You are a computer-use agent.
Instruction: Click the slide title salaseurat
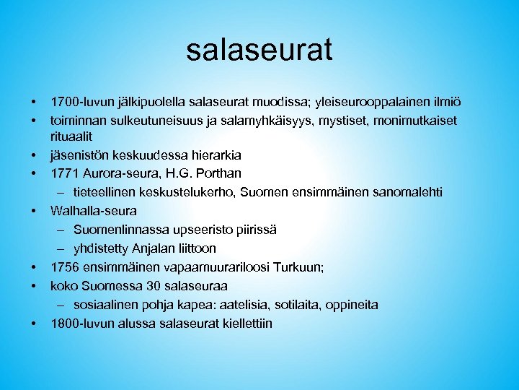pos(259,50)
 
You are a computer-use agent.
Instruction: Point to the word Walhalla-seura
pos(93,211)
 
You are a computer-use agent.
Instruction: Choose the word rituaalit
pos(74,136)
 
